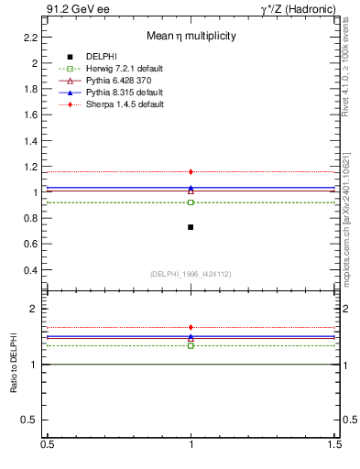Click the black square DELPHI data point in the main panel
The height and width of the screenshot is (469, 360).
coord(191,226)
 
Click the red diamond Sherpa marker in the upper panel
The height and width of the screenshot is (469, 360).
coord(191,171)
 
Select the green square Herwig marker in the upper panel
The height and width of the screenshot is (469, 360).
coord(191,202)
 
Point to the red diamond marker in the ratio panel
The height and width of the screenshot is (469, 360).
coord(191,327)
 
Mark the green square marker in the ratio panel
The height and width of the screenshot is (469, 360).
coord(191,345)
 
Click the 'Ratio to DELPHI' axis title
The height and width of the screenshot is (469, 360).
coord(14,365)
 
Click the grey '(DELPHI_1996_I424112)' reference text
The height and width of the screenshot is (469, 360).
coord(191,273)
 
